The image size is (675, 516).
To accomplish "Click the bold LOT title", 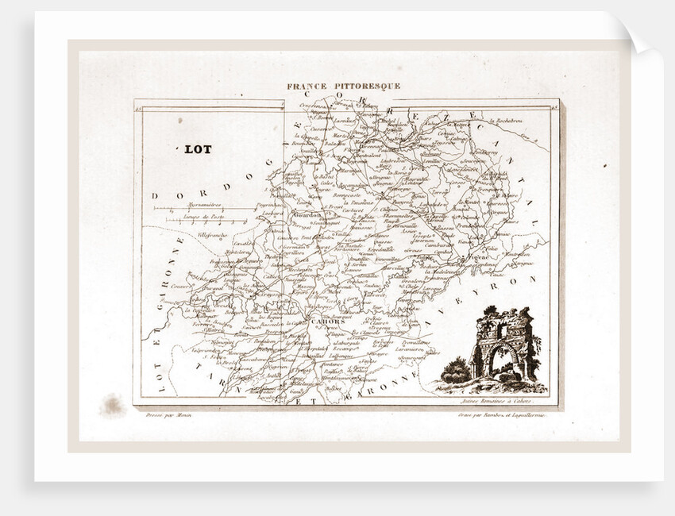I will [198, 148].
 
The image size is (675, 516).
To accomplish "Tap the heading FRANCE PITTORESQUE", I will [344, 86].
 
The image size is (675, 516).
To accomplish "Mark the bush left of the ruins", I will [454, 370].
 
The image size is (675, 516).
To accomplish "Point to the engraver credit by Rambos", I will [504, 414].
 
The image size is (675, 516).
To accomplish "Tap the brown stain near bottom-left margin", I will [112, 405].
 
